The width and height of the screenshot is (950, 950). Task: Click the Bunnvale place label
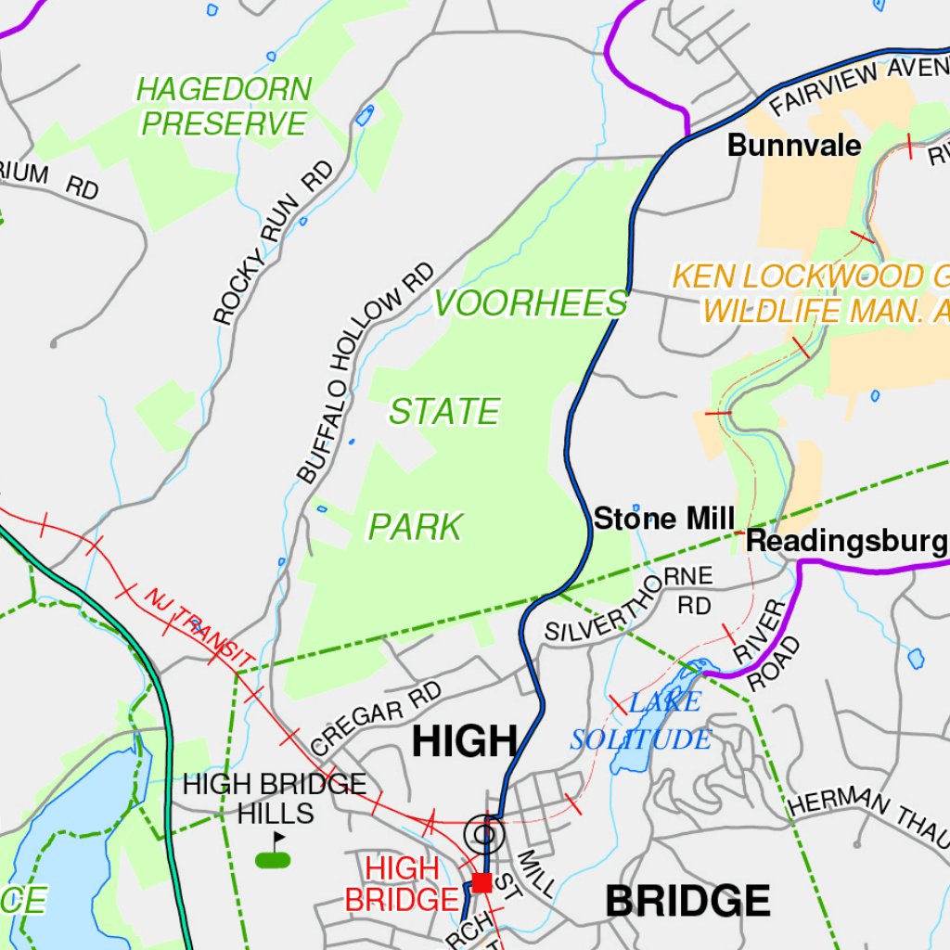click(x=793, y=146)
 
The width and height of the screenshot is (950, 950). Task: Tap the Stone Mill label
click(x=663, y=519)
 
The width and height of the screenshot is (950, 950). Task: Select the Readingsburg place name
click(x=846, y=542)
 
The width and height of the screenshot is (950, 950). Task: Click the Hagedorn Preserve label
click(x=224, y=107)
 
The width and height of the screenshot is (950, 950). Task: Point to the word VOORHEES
click(x=531, y=303)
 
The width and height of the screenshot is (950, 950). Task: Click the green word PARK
click(x=415, y=527)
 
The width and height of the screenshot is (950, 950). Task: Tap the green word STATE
click(x=443, y=412)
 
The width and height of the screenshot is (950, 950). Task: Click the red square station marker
click(x=481, y=882)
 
